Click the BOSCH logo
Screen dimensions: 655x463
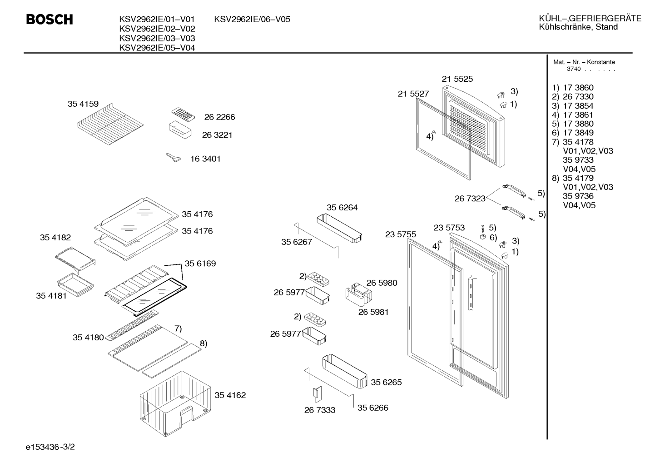tap(50, 19)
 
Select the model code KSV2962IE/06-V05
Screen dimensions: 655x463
tap(252, 19)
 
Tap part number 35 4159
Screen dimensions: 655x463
tap(83, 104)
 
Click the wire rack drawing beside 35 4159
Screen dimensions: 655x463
tap(110, 124)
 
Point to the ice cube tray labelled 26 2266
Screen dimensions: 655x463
tap(183, 115)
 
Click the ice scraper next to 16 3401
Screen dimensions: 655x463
tap(174, 158)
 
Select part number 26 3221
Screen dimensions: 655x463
tap(217, 135)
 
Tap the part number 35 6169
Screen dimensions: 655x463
tap(200, 264)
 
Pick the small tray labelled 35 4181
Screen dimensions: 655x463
tap(75, 285)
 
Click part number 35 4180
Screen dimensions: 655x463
tap(88, 338)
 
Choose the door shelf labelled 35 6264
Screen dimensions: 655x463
tap(339, 228)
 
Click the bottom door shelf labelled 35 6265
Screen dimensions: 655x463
tap(345, 371)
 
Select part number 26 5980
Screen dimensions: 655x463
tap(382, 283)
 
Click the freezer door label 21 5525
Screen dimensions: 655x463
tap(457, 79)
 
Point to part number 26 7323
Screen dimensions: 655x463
tap(470, 199)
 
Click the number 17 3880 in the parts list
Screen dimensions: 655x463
tap(578, 124)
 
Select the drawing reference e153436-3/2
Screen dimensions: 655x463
tap(50, 447)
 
